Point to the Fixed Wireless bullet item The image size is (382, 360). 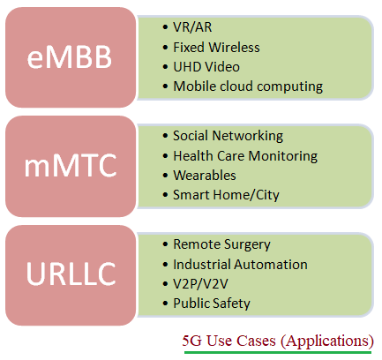(216, 47)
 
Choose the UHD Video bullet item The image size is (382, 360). (207, 66)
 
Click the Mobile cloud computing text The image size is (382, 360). (248, 86)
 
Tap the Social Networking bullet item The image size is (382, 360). (228, 136)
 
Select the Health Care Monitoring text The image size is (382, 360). (245, 155)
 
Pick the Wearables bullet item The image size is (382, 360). (205, 175)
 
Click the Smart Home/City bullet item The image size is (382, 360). (226, 194)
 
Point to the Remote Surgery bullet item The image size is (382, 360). (221, 244)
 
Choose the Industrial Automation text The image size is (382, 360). (240, 264)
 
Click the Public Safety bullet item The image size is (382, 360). (212, 303)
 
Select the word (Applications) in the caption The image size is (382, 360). (328, 340)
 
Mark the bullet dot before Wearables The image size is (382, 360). (165, 175)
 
